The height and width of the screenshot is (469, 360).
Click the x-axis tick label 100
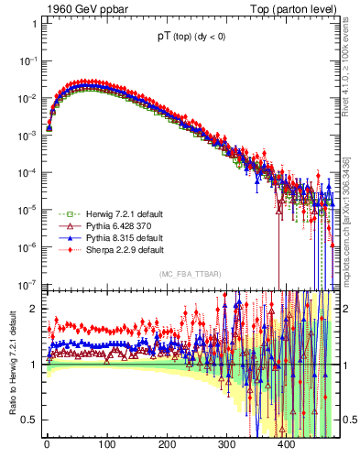[x=106, y=444]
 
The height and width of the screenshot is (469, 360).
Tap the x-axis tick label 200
[x=166, y=444]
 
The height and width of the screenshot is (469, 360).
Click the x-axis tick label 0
[x=47, y=444]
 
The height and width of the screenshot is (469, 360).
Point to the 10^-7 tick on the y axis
[x=26, y=284]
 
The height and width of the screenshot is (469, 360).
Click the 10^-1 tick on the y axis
[x=26, y=60]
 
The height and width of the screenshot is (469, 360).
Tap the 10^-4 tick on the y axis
[x=26, y=172]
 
